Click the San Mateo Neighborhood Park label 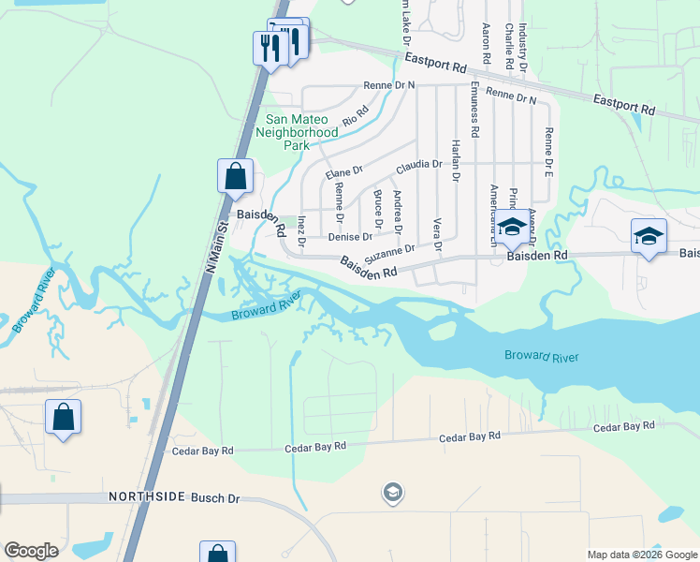coord(297,132)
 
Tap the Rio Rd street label coord(356,115)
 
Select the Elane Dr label coord(343,171)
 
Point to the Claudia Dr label coord(418,165)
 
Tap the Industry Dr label coord(522,46)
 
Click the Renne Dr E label coord(549,153)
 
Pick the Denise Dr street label coord(350,237)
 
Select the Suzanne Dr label coord(389,251)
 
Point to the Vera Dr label coord(437,236)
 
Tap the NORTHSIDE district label coord(147,496)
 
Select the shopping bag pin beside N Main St coord(235,175)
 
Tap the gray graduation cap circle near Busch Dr coord(393,491)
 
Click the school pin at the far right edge coord(649,235)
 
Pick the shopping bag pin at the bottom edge coord(216,554)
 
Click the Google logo coord(31,551)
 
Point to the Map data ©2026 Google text coord(641,555)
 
